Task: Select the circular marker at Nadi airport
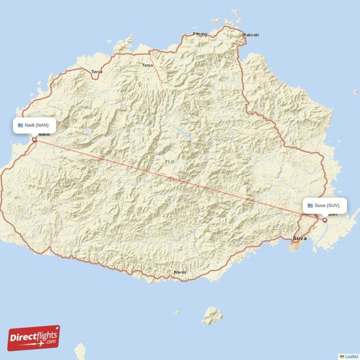coord(34,139)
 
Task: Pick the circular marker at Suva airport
coord(325,220)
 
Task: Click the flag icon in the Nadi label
coord(20,125)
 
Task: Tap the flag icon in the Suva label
coord(310,206)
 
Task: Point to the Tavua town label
coord(97,72)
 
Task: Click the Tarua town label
coord(148,65)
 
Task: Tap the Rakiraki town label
coord(251,35)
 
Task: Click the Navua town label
coord(180,272)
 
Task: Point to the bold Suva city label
coord(300,238)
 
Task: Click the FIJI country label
coord(170,162)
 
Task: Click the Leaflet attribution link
coord(352,356)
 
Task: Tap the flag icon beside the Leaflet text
coord(342,356)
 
